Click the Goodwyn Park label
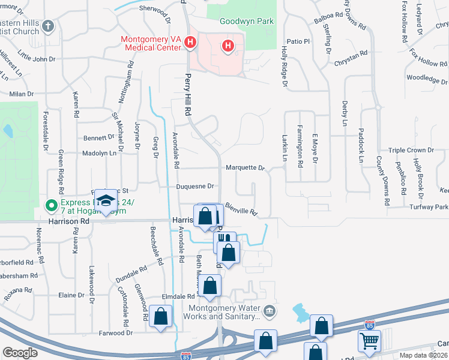click(x=247, y=21)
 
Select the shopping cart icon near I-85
click(x=369, y=341)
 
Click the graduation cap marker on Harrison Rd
click(x=106, y=202)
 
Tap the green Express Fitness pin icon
click(x=52, y=205)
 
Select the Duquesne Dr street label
click(x=195, y=187)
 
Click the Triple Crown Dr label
click(x=411, y=150)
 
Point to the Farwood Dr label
click(x=116, y=332)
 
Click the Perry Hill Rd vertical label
click(x=188, y=95)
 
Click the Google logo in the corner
click(x=20, y=352)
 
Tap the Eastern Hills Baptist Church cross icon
click(x=49, y=26)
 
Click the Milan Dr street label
click(x=22, y=94)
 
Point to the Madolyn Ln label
click(x=99, y=153)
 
